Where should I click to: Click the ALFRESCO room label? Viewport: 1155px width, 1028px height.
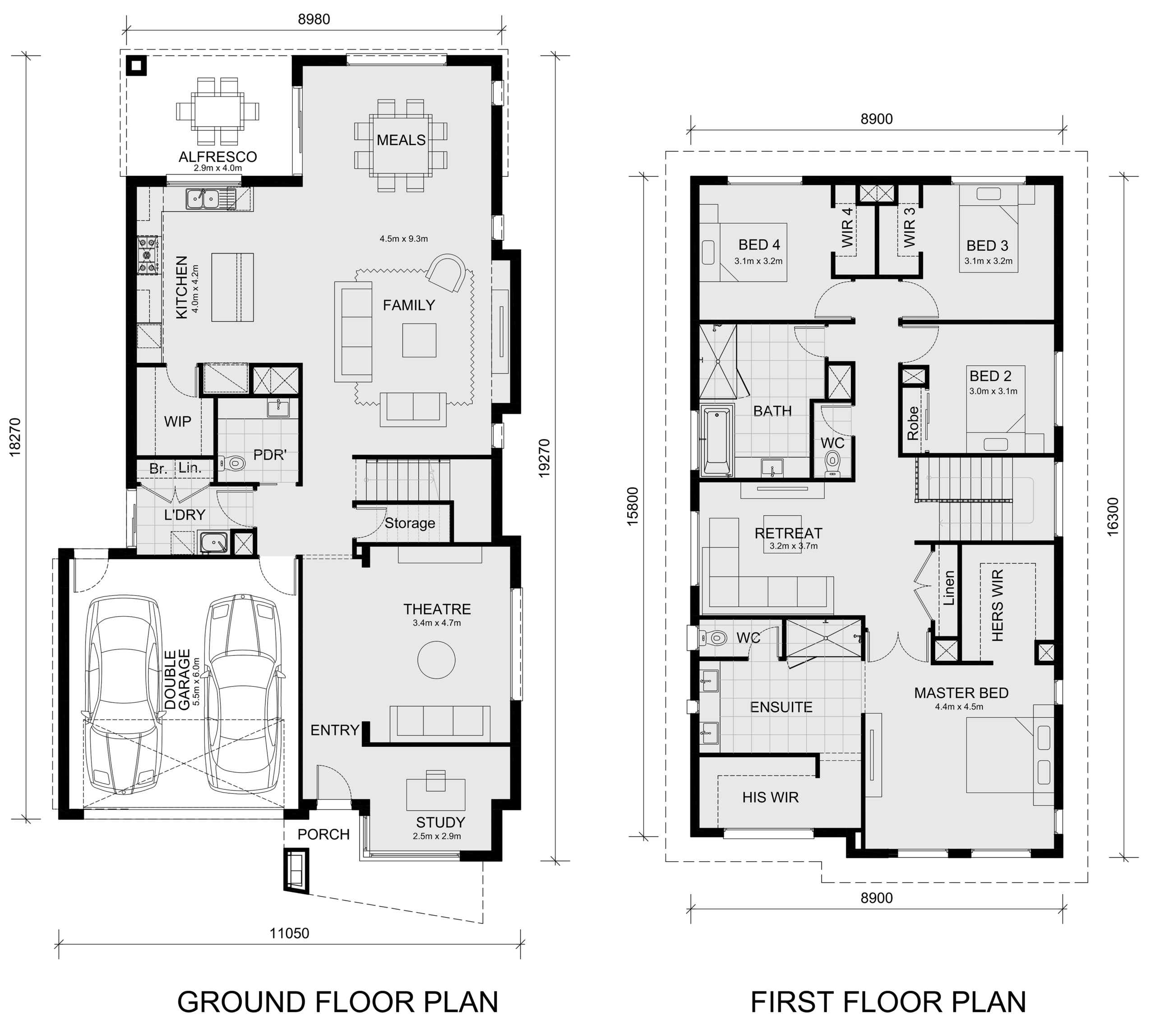(x=217, y=157)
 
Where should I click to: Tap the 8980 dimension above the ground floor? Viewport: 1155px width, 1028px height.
(x=314, y=19)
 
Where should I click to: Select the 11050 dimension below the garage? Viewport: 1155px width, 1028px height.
(x=289, y=933)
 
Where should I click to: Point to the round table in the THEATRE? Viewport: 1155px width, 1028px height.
(x=436, y=660)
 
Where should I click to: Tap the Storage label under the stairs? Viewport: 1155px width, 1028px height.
(x=410, y=523)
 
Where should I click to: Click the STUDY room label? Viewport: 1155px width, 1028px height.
(x=440, y=822)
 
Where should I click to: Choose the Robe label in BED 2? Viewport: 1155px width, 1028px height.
(x=913, y=423)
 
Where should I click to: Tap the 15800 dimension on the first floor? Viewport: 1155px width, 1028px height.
(x=633, y=507)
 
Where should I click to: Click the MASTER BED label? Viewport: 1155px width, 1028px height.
(x=961, y=693)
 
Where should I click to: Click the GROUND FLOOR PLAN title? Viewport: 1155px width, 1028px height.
(x=338, y=1002)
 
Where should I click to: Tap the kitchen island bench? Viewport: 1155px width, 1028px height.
(x=233, y=287)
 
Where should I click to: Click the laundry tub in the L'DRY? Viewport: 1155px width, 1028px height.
(x=213, y=542)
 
